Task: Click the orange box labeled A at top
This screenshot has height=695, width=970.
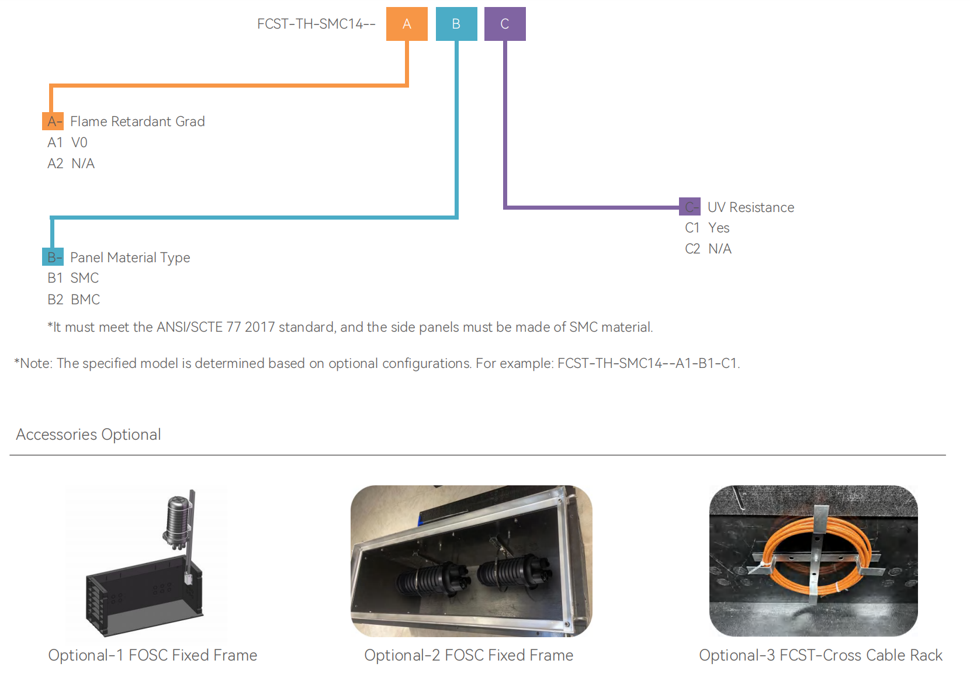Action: tap(407, 24)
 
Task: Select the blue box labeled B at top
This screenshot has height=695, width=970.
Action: tap(456, 24)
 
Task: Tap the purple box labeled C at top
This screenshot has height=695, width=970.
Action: tap(505, 24)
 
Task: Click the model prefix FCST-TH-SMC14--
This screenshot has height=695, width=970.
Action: tap(316, 24)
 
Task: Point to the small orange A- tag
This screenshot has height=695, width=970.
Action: tap(53, 121)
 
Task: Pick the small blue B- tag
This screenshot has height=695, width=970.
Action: tap(53, 257)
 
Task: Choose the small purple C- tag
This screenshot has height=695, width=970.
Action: tap(690, 207)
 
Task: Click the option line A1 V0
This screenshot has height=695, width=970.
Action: tap(68, 143)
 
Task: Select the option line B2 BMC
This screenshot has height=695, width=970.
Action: tap(74, 300)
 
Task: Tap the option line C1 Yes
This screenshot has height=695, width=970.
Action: tap(707, 228)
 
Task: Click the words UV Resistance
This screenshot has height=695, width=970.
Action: tap(751, 207)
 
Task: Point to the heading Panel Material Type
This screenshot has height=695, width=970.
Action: tap(130, 258)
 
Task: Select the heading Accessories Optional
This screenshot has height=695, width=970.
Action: tap(88, 435)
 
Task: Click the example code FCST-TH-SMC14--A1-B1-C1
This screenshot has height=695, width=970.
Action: tap(648, 363)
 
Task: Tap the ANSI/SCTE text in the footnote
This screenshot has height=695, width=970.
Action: tap(190, 327)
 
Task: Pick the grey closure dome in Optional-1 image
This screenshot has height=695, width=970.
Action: tap(178, 517)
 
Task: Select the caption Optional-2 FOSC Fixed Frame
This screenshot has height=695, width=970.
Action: tap(469, 655)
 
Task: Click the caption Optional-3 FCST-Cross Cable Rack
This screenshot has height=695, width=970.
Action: tap(820, 655)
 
